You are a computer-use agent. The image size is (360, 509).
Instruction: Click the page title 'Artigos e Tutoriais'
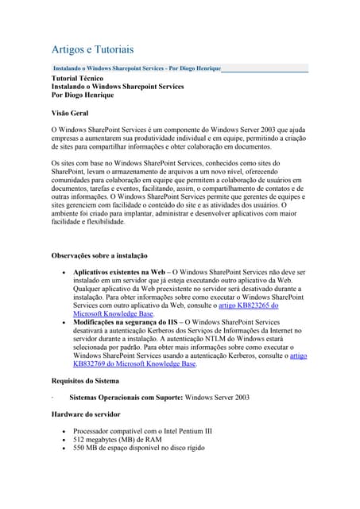pos(92,49)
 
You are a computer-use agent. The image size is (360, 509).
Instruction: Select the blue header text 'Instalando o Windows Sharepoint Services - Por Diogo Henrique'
pos(136,69)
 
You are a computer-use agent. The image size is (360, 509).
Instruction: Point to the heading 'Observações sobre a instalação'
pos(99,255)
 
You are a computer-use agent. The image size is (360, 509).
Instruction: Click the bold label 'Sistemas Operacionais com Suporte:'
pos(126,397)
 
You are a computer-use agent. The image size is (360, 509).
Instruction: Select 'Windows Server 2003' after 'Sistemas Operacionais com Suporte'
pos(216,397)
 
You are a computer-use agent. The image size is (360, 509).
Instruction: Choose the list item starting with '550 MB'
pos(138,449)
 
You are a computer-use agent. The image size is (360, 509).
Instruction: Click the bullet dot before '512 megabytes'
pos(64,440)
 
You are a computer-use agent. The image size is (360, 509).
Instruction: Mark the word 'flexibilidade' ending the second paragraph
pos(102,222)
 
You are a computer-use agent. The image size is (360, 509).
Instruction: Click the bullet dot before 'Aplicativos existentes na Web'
pos(64,273)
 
